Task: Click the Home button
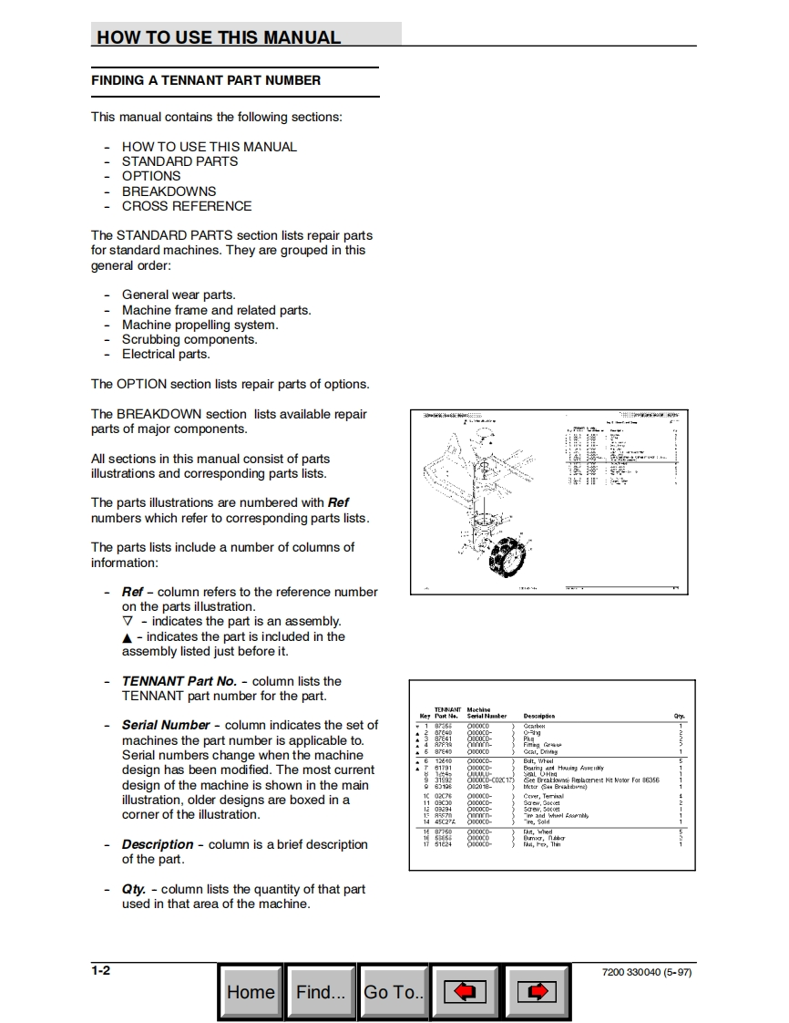click(x=251, y=992)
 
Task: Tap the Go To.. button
click(x=394, y=992)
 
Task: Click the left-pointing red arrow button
click(x=465, y=992)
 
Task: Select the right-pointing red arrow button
click(x=537, y=992)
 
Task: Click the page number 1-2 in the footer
click(x=100, y=970)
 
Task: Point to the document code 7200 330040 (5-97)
click(x=647, y=973)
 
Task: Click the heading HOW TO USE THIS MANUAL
click(x=219, y=37)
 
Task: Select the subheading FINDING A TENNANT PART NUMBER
click(x=206, y=80)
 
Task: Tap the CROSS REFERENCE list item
click(x=187, y=206)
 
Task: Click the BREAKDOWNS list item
click(x=169, y=191)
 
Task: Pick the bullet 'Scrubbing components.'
click(x=190, y=339)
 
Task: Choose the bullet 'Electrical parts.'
click(x=166, y=354)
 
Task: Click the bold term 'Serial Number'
click(x=166, y=725)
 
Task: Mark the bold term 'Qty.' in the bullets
click(x=133, y=889)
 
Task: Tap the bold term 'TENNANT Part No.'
click(x=179, y=681)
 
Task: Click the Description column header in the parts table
click(x=539, y=716)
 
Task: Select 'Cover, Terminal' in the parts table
click(x=544, y=796)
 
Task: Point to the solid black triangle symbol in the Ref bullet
click(x=127, y=637)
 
